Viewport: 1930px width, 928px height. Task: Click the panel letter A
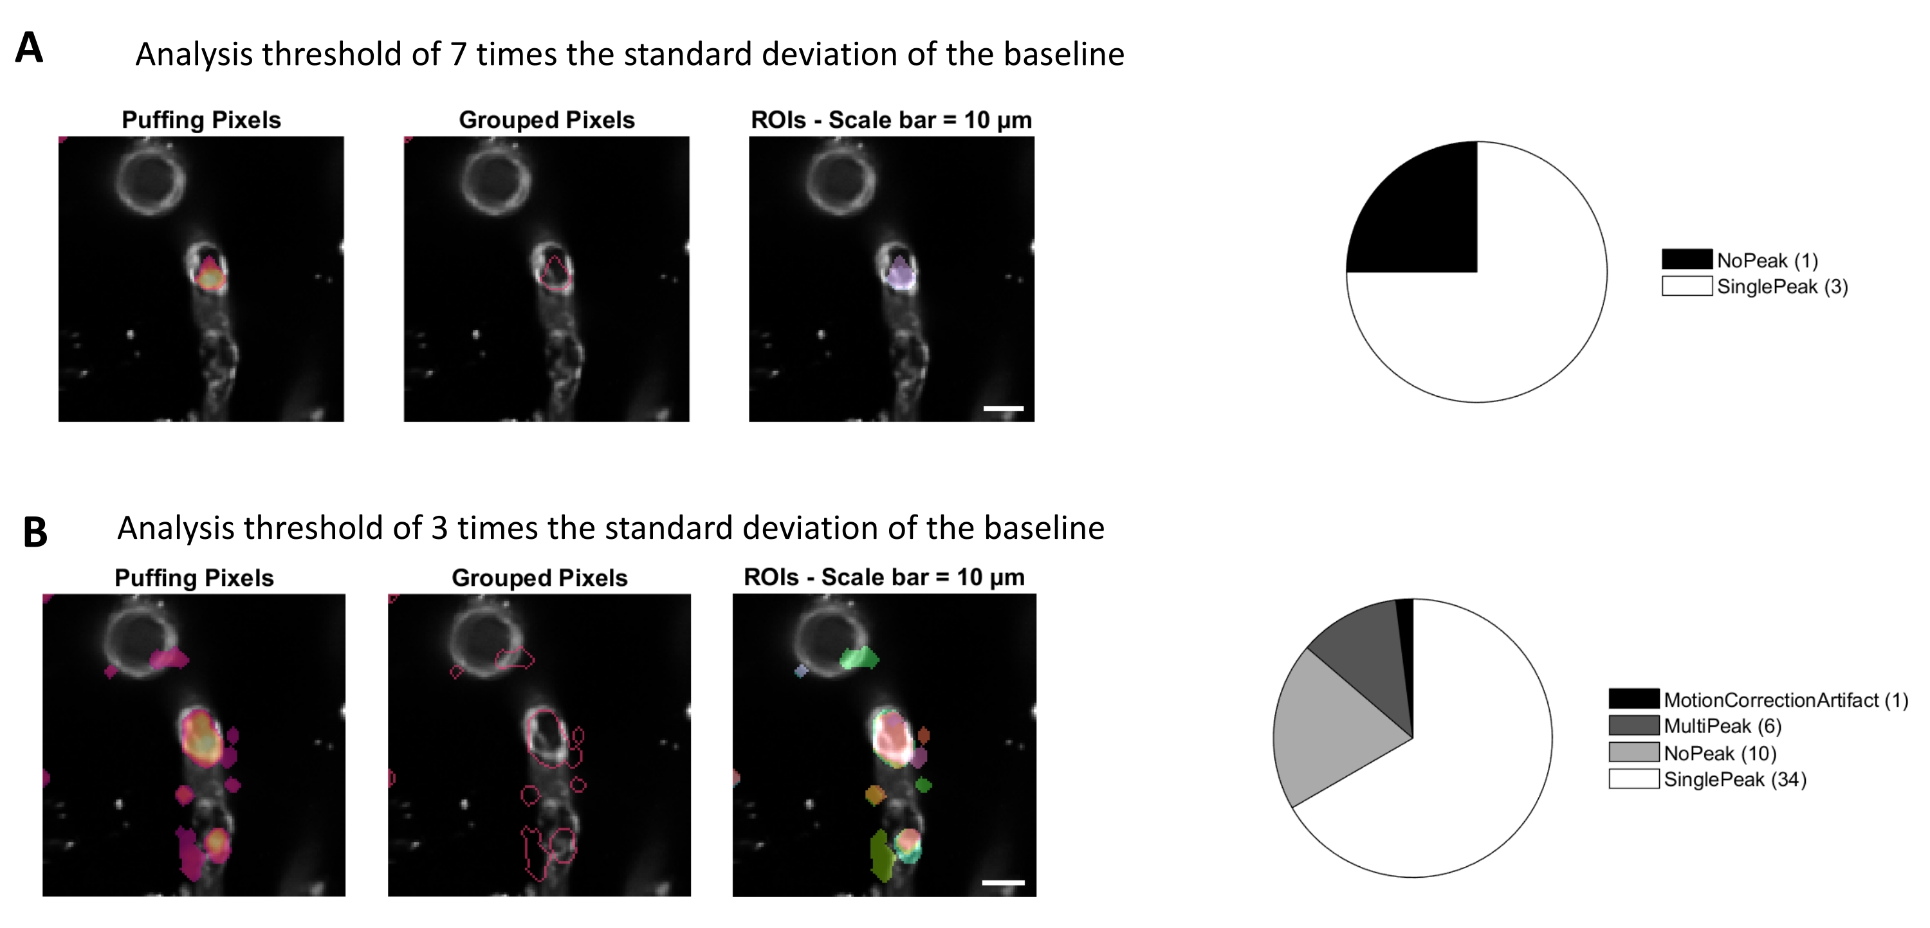[29, 48]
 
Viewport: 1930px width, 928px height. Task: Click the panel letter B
[35, 532]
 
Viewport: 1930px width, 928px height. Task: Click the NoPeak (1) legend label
[1767, 260]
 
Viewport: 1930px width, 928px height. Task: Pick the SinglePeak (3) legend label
[1783, 287]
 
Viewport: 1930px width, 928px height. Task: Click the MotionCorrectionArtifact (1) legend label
[1786, 700]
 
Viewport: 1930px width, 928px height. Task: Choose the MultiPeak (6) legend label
[1722, 726]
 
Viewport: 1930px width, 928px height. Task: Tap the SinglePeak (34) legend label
[1735, 779]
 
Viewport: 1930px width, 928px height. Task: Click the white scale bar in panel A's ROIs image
[1003, 408]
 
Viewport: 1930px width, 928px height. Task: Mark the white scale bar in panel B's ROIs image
[1003, 882]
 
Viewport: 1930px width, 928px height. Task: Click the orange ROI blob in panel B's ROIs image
[875, 794]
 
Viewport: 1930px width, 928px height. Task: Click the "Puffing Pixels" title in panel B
[194, 578]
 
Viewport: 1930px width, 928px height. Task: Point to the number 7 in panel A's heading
[459, 55]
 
